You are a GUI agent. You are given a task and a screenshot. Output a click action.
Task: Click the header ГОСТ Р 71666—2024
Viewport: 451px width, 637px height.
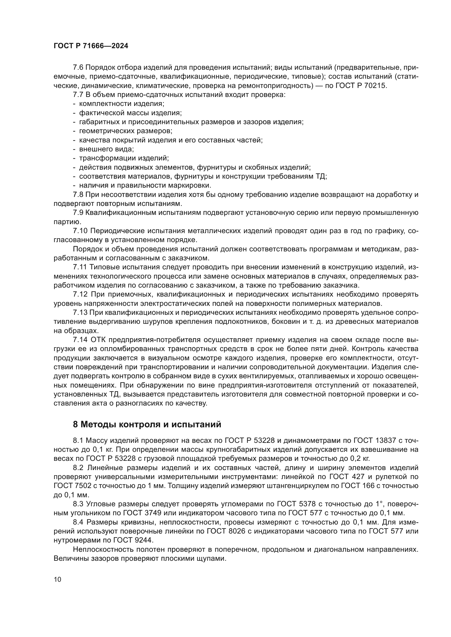coord(91,46)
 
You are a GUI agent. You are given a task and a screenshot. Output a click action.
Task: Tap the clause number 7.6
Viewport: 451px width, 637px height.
coord(78,68)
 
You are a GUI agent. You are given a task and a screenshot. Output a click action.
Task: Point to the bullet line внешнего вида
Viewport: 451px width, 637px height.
coord(106,149)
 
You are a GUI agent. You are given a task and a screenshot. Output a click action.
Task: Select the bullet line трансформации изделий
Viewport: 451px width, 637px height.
coord(124,158)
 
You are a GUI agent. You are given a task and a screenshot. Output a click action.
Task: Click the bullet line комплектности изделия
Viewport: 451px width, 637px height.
coord(122,104)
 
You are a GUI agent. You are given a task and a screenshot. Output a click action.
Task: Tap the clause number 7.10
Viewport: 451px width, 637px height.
coord(80,231)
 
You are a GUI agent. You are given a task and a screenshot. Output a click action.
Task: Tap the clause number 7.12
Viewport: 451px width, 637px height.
coord(80,294)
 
